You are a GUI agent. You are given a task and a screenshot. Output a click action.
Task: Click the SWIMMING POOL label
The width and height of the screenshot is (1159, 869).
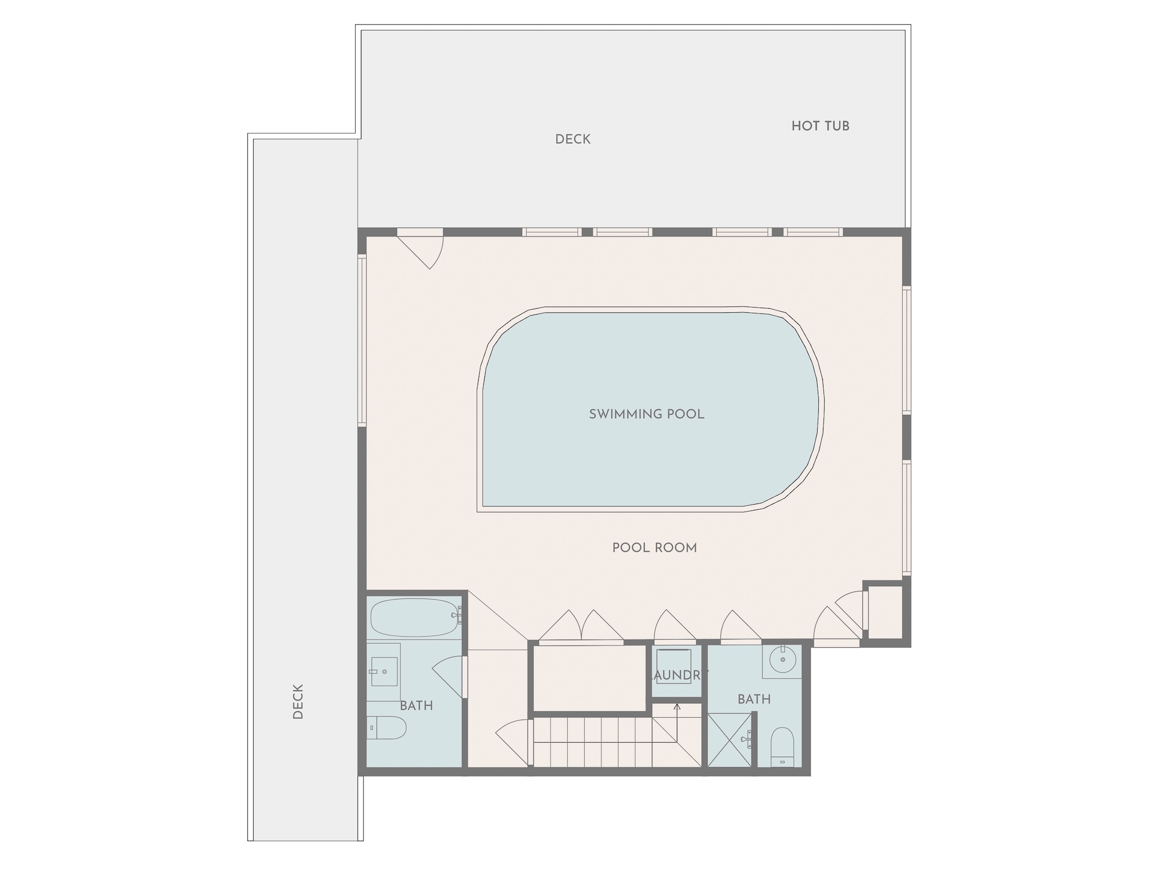pyautogui.click(x=647, y=414)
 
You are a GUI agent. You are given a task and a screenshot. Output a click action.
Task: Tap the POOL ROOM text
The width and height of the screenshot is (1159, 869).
pyautogui.click(x=655, y=548)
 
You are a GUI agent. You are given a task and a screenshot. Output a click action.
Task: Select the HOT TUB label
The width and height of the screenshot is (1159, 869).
pyautogui.click(x=821, y=126)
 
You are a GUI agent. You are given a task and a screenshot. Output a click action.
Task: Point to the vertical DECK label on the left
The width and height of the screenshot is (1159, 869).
pyautogui.click(x=298, y=702)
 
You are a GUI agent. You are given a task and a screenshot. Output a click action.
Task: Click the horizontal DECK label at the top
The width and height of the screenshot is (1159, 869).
pyautogui.click(x=573, y=140)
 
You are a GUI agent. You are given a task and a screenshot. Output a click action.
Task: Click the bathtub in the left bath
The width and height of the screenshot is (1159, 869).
pyautogui.click(x=415, y=618)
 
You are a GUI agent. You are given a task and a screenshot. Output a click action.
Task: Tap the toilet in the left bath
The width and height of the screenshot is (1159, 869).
pyautogui.click(x=387, y=728)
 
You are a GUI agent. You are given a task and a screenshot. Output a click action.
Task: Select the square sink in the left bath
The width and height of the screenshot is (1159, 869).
pyautogui.click(x=384, y=671)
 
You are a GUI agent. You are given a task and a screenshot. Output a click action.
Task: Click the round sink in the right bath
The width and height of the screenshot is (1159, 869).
pyautogui.click(x=783, y=659)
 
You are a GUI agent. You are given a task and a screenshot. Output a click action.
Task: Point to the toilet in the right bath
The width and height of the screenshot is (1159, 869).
pyautogui.click(x=782, y=747)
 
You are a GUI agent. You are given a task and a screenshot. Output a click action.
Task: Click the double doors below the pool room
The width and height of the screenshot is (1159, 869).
pyautogui.click(x=581, y=626)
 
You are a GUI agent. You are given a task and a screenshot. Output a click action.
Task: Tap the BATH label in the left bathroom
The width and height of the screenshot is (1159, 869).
pyautogui.click(x=417, y=706)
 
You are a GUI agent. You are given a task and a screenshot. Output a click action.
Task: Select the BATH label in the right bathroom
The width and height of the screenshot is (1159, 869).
pyautogui.click(x=755, y=699)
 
